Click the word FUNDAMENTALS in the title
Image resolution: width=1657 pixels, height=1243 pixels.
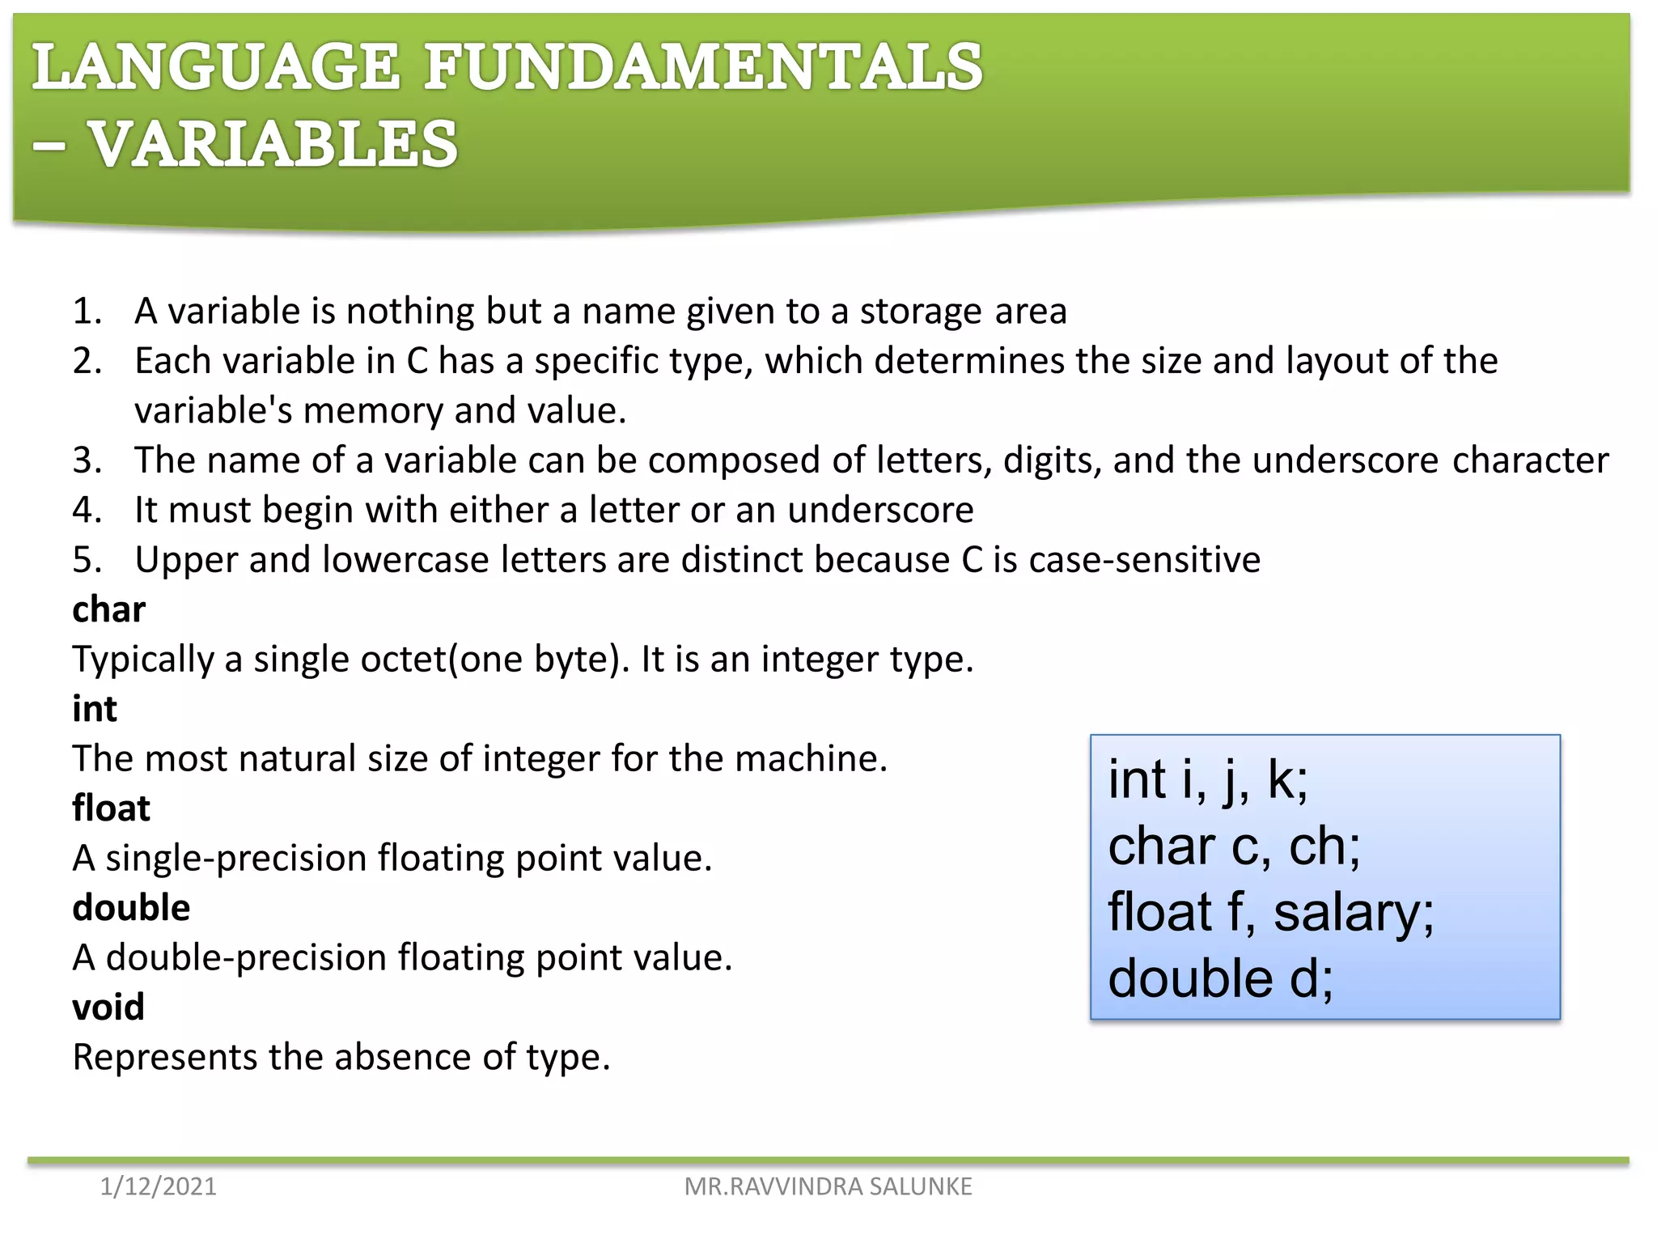[703, 67]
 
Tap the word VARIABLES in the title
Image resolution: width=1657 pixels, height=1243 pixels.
[273, 144]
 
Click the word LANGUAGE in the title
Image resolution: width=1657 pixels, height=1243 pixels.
[216, 67]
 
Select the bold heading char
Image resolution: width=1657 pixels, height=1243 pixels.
[108, 609]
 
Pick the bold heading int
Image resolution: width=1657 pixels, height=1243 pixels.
[95, 709]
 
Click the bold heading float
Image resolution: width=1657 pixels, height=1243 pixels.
[111, 808]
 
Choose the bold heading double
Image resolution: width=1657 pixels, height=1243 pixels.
[131, 908]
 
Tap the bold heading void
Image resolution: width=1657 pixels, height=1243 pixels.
[108, 1008]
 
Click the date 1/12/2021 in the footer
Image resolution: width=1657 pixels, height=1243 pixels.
[158, 1186]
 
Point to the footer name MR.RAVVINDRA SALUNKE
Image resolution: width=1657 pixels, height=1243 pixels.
[828, 1186]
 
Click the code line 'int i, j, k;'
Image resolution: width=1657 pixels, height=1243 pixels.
[1207, 780]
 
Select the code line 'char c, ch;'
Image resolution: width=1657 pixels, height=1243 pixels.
[1234, 846]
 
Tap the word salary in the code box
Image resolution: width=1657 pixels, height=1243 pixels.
[1353, 913]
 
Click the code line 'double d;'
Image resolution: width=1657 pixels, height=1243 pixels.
[1220, 978]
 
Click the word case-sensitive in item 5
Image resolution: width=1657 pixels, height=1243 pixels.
[1144, 560]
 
